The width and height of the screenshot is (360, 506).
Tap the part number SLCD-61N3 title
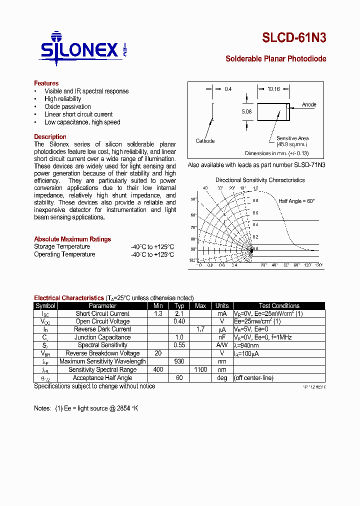[294, 38]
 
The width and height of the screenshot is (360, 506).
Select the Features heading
[46, 83]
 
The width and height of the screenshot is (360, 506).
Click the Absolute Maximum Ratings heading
[72, 239]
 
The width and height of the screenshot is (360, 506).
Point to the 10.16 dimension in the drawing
[273, 89]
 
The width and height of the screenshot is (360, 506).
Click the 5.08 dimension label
[246, 111]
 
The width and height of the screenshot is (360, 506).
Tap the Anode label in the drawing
[309, 104]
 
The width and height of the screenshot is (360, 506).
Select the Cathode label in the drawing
[205, 141]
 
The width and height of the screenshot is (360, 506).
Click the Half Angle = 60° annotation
[296, 200]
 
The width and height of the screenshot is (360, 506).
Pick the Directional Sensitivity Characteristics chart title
[260, 180]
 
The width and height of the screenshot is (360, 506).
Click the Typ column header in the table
[179, 306]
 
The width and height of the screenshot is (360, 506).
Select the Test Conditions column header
[279, 306]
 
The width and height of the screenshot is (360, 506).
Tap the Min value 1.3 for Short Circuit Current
[158, 313]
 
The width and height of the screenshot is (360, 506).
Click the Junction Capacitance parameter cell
[102, 337]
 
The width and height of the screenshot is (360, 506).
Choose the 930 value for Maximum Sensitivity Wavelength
[179, 361]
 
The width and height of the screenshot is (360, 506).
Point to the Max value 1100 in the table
[200, 369]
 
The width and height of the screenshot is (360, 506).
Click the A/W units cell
[222, 345]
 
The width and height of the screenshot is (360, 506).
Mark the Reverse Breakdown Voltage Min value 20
[158, 353]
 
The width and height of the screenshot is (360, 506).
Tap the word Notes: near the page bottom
[42, 408]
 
